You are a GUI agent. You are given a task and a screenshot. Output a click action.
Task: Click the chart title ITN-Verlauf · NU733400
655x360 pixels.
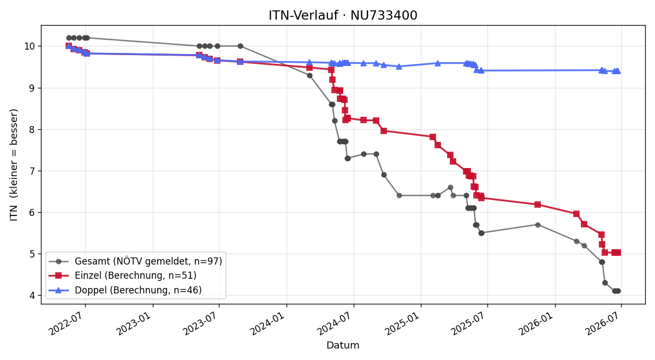tap(343, 15)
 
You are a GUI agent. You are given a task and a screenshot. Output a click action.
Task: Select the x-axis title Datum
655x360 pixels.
tap(343, 345)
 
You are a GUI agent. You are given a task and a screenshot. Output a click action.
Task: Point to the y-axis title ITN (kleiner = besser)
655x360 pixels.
tap(14, 165)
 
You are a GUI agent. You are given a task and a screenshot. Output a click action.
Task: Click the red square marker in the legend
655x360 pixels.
tap(58, 275)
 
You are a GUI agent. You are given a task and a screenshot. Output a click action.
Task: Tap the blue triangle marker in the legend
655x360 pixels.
tap(58, 290)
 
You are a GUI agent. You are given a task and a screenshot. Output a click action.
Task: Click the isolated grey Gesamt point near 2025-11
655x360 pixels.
tap(538, 225)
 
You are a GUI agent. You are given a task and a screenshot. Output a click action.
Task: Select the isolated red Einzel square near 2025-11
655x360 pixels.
tap(538, 205)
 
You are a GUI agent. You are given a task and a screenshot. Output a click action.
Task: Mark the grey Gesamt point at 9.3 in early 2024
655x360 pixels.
tap(309, 75)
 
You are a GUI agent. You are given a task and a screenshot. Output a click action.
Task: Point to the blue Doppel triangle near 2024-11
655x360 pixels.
tap(399, 67)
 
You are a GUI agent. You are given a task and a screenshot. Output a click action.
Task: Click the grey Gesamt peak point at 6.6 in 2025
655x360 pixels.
tap(451, 187)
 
